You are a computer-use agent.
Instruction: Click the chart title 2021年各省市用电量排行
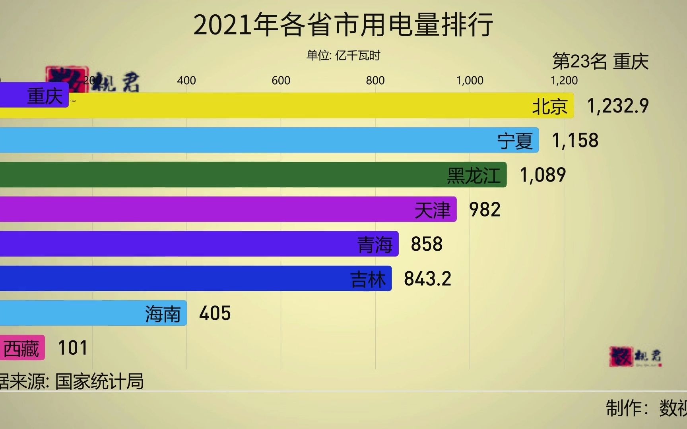pos(343,25)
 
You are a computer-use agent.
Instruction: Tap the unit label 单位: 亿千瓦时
pos(343,55)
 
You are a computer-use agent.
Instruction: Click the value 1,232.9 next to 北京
pos(618,106)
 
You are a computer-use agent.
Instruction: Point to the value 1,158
pos(575,141)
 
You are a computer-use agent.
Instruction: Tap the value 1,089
pos(543,175)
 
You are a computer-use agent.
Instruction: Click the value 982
pos(485,210)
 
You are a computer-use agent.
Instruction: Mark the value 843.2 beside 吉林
pos(428,279)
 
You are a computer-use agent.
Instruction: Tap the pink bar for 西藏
pos(22,348)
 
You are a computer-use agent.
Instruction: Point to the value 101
pos(72,348)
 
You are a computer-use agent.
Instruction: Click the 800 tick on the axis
pos(375,81)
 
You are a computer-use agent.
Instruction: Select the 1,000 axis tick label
pos(470,81)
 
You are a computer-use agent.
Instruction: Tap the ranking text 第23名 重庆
pos(600,62)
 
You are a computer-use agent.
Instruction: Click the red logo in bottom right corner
pos(621,356)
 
